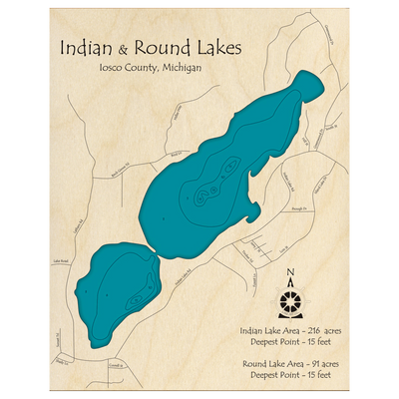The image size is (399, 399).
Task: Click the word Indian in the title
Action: pyautogui.click(x=84, y=47)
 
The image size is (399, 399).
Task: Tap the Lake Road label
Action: pyautogui.click(x=62, y=261)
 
